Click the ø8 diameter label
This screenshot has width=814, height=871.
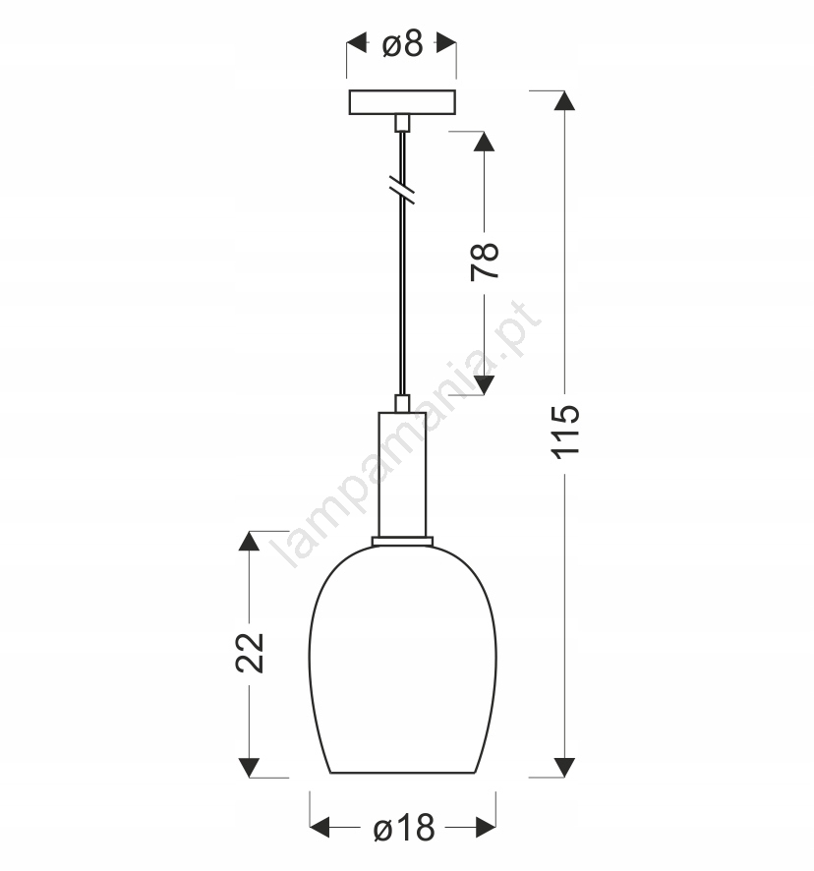403,43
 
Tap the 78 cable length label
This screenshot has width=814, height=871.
485,261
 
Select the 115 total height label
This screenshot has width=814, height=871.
565,433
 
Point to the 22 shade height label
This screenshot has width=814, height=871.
250,653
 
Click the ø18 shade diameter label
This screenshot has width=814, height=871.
404,828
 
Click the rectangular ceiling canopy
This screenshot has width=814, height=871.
402,102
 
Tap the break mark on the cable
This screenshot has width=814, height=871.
402,190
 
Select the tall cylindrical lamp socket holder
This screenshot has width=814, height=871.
402,475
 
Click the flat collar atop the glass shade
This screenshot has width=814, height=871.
402,541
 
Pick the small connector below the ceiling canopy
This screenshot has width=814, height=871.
402,123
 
